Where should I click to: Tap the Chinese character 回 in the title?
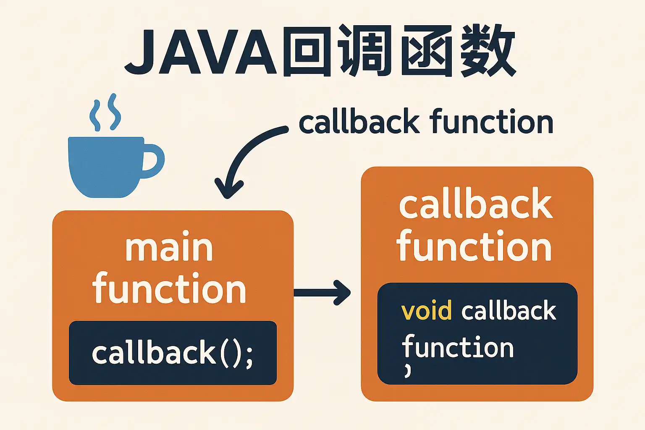pyautogui.click(x=307, y=51)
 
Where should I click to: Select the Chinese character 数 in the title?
pyautogui.click(x=486, y=51)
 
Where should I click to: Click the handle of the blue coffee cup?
pyautogui.click(x=153, y=161)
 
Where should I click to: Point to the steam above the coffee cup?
pyautogui.click(x=105, y=112)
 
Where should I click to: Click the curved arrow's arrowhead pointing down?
pyautogui.click(x=229, y=189)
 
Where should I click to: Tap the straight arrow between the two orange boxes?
pyautogui.click(x=322, y=292)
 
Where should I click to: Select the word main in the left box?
pyautogui.click(x=169, y=246)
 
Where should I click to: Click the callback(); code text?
pyautogui.click(x=173, y=352)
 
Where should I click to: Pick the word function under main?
pyautogui.click(x=169, y=287)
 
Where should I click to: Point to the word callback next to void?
pyautogui.click(x=509, y=310)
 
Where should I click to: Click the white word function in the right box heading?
pyautogui.click(x=474, y=245)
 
